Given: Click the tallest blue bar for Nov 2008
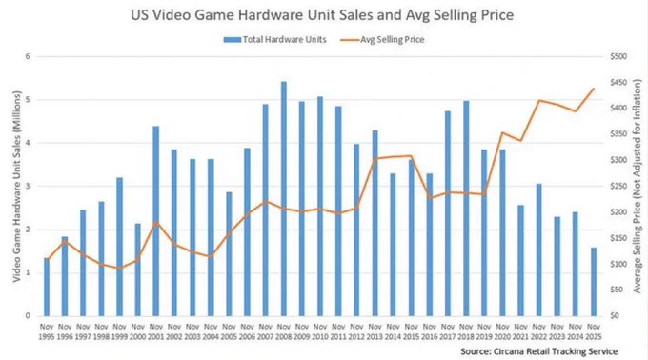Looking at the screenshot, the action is click(284, 199).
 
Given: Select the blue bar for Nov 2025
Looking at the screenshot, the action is click(594, 282).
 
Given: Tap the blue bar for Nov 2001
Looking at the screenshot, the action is click(155, 221).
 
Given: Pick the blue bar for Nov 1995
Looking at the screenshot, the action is click(47, 287).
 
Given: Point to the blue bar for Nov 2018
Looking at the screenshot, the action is click(466, 209).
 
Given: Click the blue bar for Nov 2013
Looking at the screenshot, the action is click(375, 224).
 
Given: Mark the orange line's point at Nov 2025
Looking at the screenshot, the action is click(594, 89).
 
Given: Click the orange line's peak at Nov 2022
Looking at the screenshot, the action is click(539, 100).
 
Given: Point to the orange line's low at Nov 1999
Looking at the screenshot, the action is click(119, 269).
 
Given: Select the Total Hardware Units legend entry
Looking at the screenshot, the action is click(274, 40).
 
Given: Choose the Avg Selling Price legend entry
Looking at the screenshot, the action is click(382, 40).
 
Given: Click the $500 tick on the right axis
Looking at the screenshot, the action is click(618, 56).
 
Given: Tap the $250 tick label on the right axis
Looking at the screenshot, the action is click(618, 187).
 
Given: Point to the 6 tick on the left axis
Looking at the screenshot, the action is click(28, 56).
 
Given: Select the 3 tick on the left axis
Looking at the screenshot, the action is click(28, 187).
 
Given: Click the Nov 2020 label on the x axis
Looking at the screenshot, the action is click(502, 332).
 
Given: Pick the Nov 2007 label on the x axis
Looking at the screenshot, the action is click(265, 332).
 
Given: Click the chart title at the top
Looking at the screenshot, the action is click(322, 15).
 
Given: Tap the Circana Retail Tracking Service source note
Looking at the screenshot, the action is click(539, 351).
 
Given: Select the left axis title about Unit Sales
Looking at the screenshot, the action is click(16, 187).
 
